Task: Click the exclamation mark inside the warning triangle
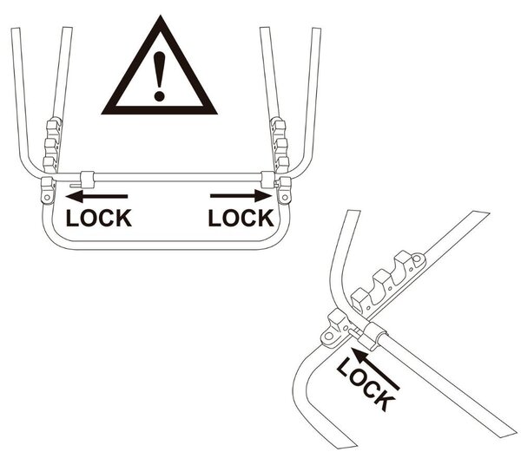[160, 76]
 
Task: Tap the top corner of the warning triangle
[161, 15]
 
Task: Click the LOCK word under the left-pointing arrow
[99, 218]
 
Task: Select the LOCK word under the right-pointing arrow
[241, 218]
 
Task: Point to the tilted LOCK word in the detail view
[366, 384]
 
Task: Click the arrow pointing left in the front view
[96, 196]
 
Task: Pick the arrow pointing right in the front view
[241, 196]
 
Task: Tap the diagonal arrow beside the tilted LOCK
[375, 369]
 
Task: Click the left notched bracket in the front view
[52, 145]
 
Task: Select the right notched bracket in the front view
[280, 145]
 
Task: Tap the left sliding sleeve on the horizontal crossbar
[88, 180]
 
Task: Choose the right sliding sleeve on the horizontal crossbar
[267, 180]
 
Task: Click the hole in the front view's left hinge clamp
[47, 198]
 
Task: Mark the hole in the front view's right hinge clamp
[285, 198]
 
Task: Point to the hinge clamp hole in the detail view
[329, 337]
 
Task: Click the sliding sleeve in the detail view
[374, 335]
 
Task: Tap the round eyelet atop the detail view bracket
[419, 258]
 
